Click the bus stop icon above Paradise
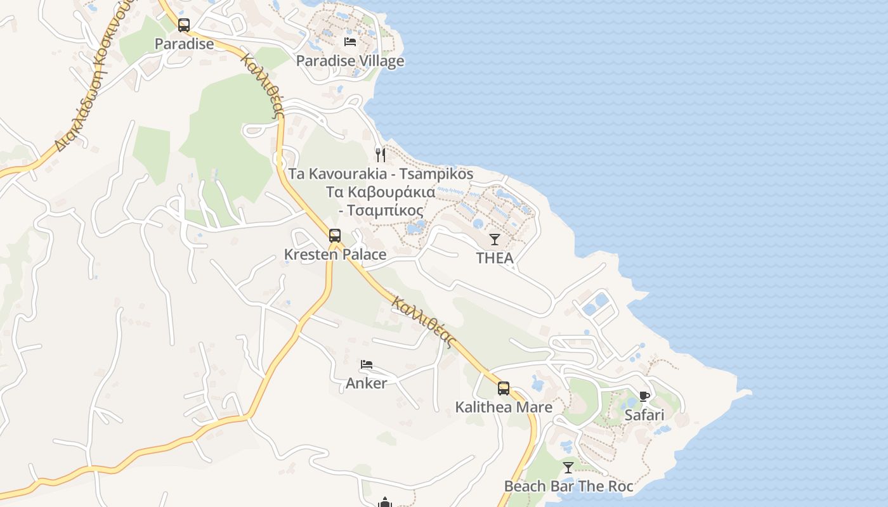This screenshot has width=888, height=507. (x=184, y=25)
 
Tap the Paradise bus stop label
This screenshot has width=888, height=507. (x=185, y=44)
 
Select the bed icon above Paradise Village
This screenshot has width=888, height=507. (x=350, y=42)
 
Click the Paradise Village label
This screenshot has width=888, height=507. (x=350, y=61)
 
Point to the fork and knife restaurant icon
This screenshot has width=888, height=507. (x=381, y=155)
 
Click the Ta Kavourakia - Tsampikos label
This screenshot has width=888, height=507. (x=381, y=174)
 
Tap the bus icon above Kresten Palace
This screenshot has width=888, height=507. (x=335, y=236)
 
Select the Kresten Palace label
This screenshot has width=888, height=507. (x=335, y=254)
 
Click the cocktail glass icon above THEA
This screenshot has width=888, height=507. (x=495, y=240)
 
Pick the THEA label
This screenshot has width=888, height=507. (x=495, y=258)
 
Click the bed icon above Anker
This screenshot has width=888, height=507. (x=367, y=364)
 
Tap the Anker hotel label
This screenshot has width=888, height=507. (x=367, y=383)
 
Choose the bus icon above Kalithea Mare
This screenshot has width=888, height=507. (x=504, y=388)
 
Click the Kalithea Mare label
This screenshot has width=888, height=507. (x=504, y=407)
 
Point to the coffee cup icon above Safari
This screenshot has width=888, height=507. (x=644, y=397)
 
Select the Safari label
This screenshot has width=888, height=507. (x=644, y=415)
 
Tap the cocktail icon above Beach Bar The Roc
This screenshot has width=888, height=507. (x=568, y=468)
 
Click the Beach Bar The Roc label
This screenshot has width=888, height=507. (x=568, y=486)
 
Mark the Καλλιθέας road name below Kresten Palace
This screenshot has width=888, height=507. (x=424, y=322)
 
